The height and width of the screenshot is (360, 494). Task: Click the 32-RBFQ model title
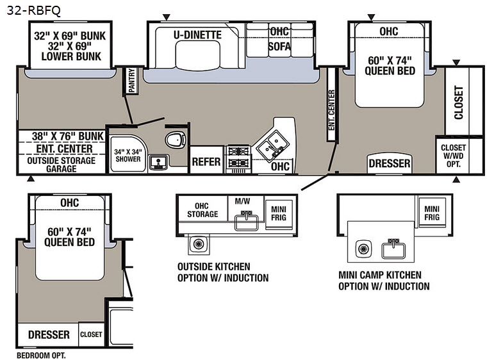(x=33, y=10)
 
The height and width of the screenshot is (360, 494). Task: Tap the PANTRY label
(x=132, y=81)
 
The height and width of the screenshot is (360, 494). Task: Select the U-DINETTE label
(x=197, y=35)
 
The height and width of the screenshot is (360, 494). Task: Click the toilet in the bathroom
(x=175, y=140)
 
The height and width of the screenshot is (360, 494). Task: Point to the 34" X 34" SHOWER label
(x=128, y=155)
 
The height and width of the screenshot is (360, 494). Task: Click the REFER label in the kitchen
(x=206, y=161)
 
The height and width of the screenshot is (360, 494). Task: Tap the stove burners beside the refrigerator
(x=238, y=157)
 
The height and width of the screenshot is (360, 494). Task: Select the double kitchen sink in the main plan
(x=272, y=145)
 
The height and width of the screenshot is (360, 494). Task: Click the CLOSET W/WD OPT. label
(x=453, y=156)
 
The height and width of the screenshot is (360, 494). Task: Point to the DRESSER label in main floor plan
(x=390, y=163)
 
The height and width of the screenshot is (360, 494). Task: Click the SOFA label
(x=279, y=46)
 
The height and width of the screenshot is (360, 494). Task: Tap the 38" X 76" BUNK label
(x=68, y=136)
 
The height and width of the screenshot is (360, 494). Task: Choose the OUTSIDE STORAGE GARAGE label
(x=61, y=165)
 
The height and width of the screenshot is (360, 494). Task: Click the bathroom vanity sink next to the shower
(x=158, y=163)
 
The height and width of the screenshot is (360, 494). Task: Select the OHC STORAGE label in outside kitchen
(x=202, y=210)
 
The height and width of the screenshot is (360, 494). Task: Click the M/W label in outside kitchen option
(x=243, y=201)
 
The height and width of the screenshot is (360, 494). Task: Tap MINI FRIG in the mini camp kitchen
(x=432, y=213)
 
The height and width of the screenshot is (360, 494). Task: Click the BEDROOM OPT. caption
(x=41, y=356)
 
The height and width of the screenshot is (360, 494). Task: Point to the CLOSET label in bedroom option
(x=91, y=334)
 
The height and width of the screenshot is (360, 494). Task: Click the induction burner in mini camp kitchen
(x=363, y=249)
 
